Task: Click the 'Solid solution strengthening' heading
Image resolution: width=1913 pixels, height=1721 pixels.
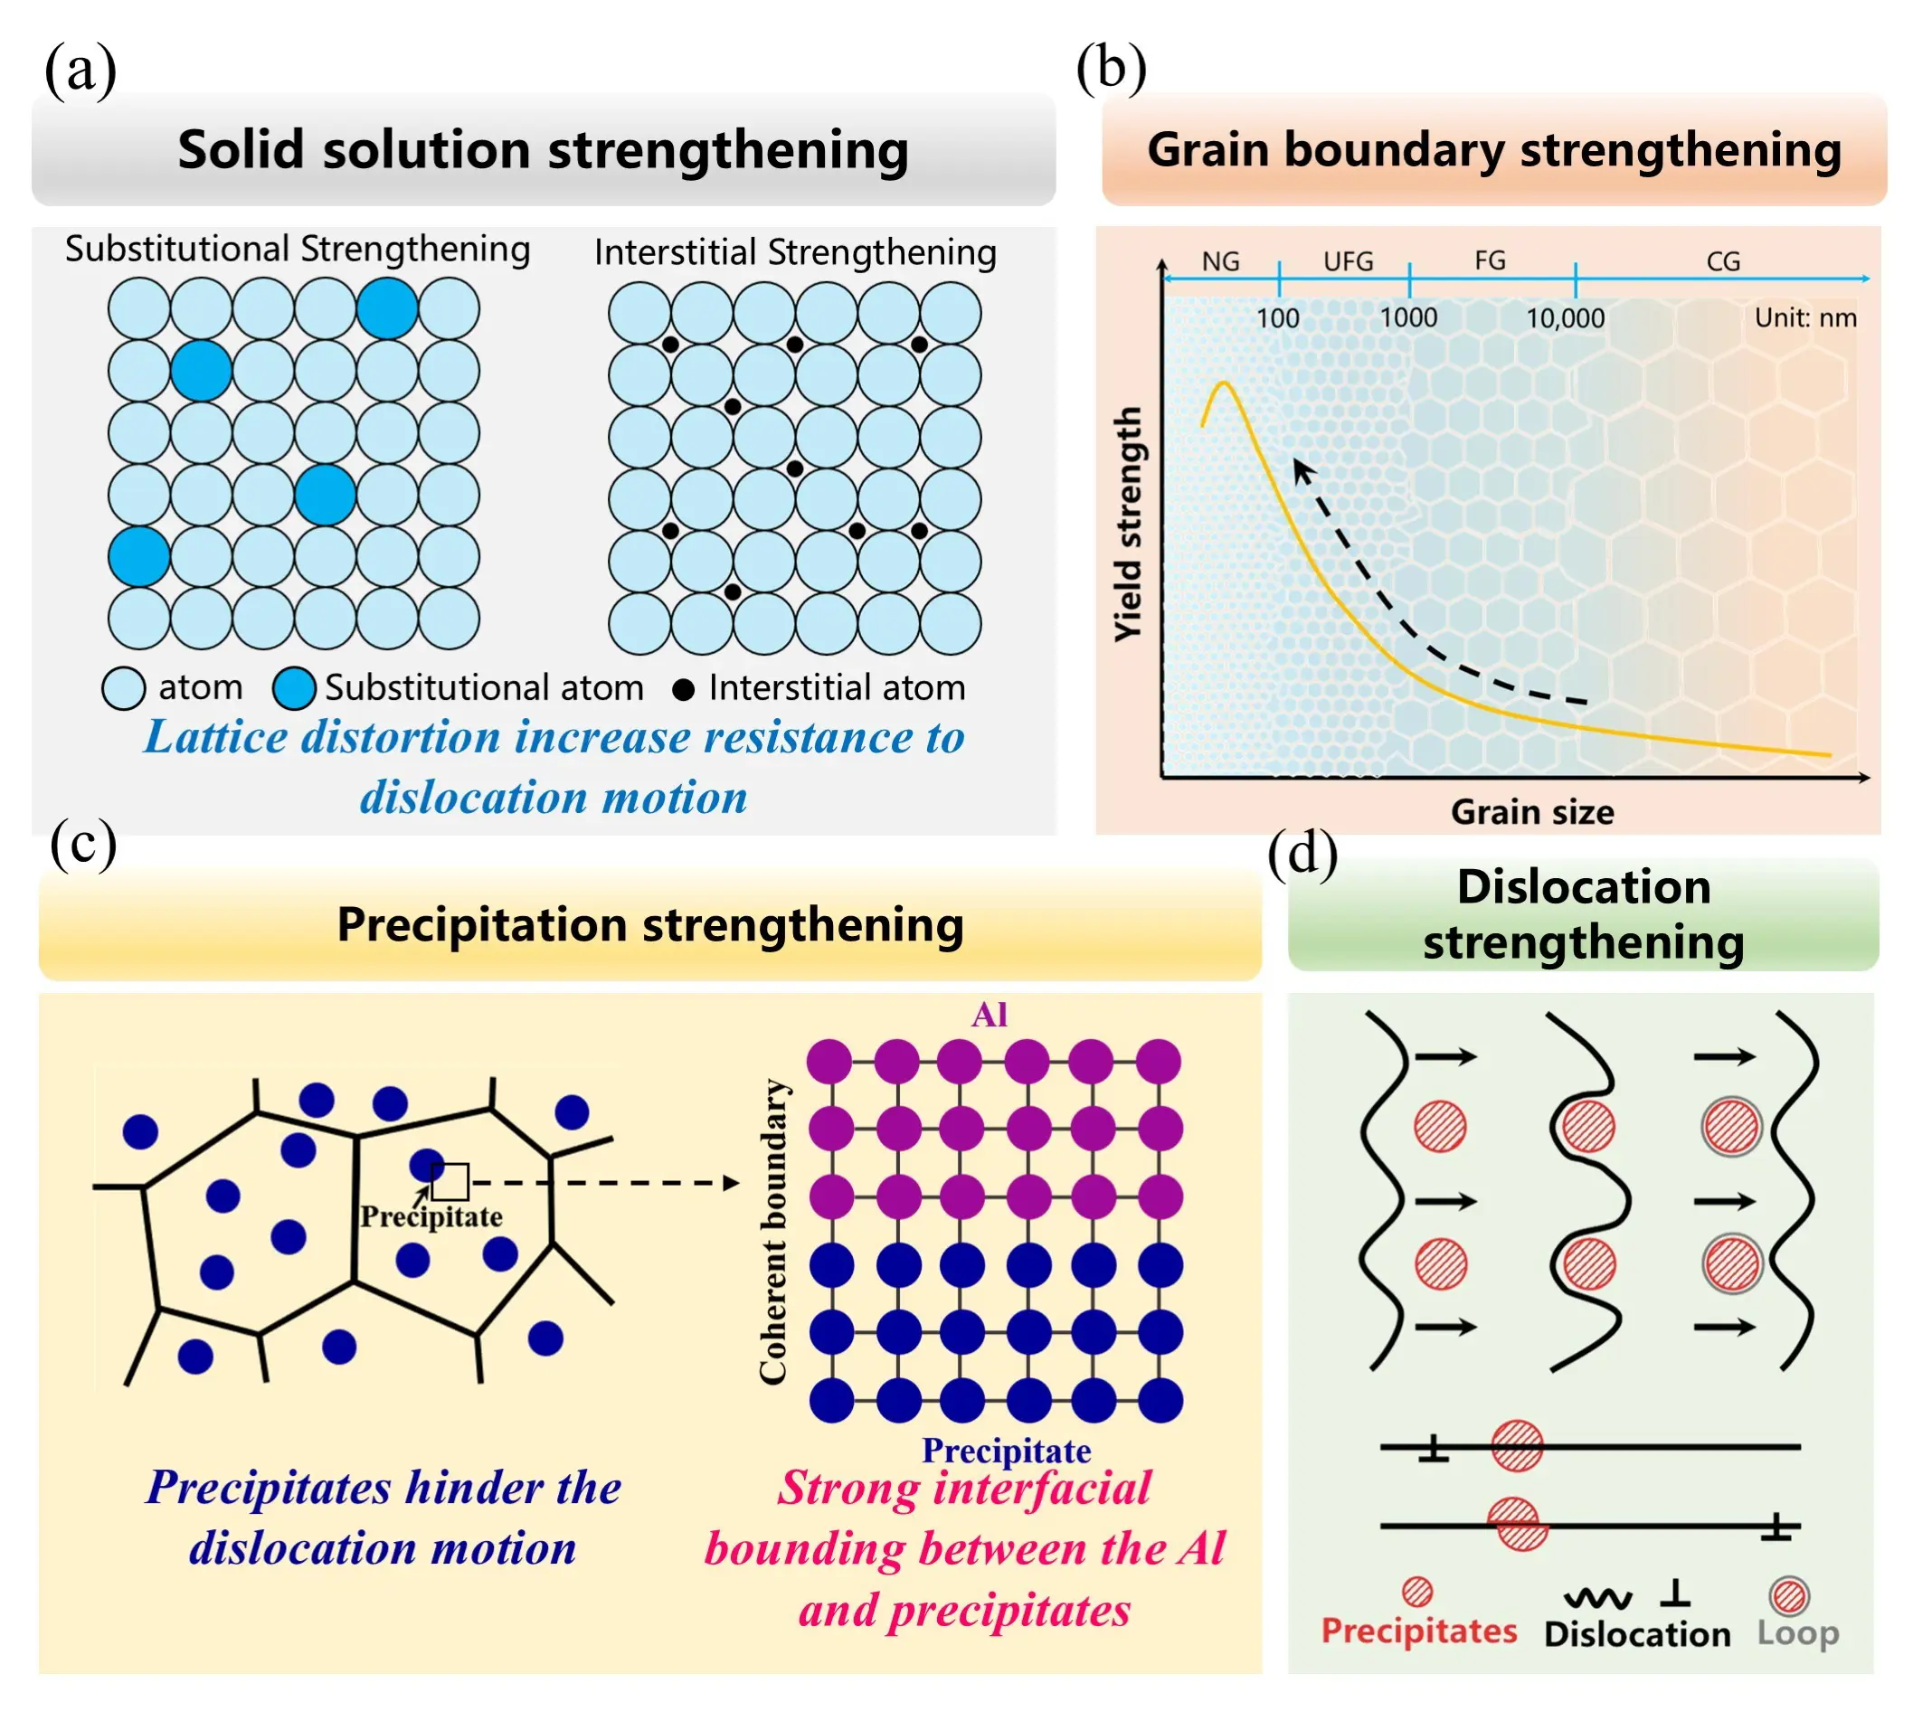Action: click(x=543, y=150)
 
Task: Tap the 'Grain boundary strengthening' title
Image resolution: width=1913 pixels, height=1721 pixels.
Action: click(x=1494, y=150)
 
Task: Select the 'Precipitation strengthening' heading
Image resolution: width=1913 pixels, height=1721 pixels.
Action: click(x=650, y=924)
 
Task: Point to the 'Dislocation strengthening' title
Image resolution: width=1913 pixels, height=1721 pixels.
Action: click(x=1584, y=914)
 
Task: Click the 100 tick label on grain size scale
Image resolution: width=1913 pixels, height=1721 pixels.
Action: click(x=1277, y=317)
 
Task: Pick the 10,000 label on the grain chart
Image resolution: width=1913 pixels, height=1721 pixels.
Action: click(x=1565, y=317)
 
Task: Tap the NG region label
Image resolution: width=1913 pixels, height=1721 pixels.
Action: click(x=1220, y=261)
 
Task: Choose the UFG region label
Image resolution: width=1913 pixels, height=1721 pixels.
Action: click(x=1348, y=261)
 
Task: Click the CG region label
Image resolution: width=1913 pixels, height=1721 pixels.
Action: click(x=1723, y=261)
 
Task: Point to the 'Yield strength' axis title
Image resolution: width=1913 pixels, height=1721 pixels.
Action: click(x=1128, y=525)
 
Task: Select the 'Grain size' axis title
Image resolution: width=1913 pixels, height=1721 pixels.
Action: click(x=1532, y=812)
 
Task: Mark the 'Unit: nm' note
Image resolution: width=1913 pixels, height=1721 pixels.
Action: click(x=1805, y=317)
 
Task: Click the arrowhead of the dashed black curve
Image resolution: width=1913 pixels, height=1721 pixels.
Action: click(x=1303, y=470)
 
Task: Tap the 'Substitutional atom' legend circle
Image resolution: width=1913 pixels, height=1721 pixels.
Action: click(x=293, y=688)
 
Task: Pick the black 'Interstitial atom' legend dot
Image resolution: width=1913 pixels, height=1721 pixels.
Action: click(x=683, y=690)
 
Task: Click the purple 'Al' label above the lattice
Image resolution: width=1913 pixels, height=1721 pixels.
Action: click(x=990, y=1016)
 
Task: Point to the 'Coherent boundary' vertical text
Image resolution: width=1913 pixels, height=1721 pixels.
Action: click(x=774, y=1231)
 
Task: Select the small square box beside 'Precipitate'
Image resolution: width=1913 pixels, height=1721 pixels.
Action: click(x=450, y=1182)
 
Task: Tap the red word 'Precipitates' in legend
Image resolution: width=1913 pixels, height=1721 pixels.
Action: click(x=1418, y=1631)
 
